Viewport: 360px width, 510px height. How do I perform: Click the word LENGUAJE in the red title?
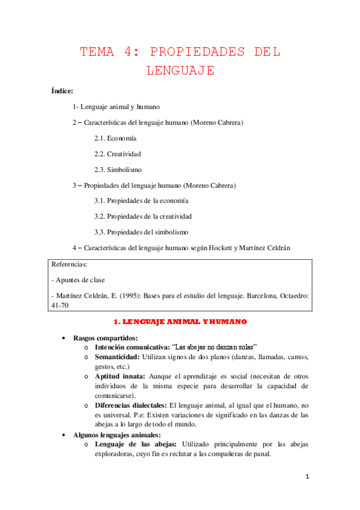pyautogui.click(x=180, y=70)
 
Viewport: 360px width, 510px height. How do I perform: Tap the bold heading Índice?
pyautogui.click(x=63, y=91)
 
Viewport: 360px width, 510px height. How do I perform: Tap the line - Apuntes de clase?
pyautogui.click(x=79, y=280)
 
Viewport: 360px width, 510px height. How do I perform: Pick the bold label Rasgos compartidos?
pyautogui.click(x=105, y=338)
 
